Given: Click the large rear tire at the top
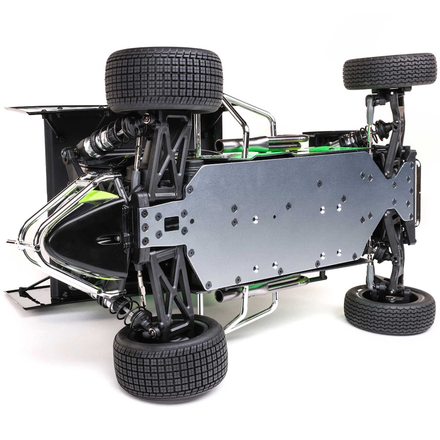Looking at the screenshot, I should coord(164,79).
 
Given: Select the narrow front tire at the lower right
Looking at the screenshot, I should coord(389,310).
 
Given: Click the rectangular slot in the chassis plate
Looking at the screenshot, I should coord(172,223).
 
